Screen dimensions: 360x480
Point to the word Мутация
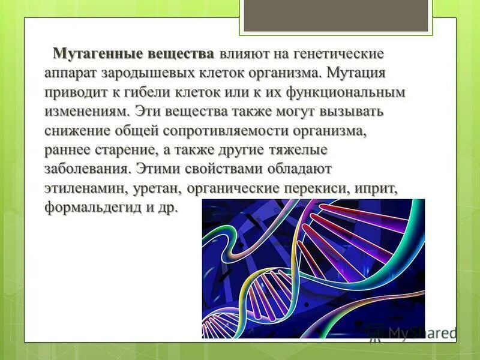tap(356, 73)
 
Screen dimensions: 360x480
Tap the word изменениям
tap(87, 112)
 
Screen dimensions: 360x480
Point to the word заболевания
tap(87, 169)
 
